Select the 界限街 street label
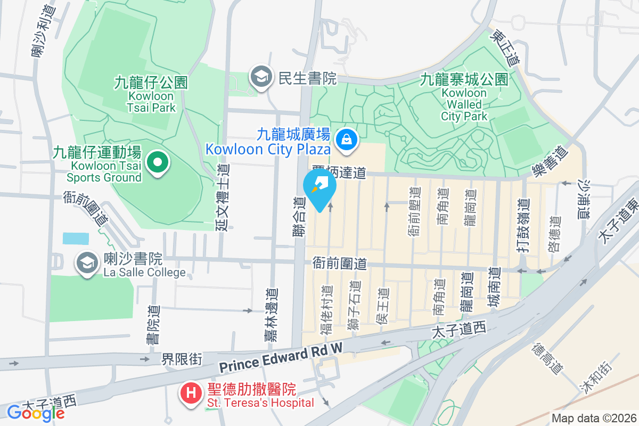coord(182,359)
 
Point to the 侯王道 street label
coord(383,308)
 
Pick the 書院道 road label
coord(153,327)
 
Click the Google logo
coord(36,413)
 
